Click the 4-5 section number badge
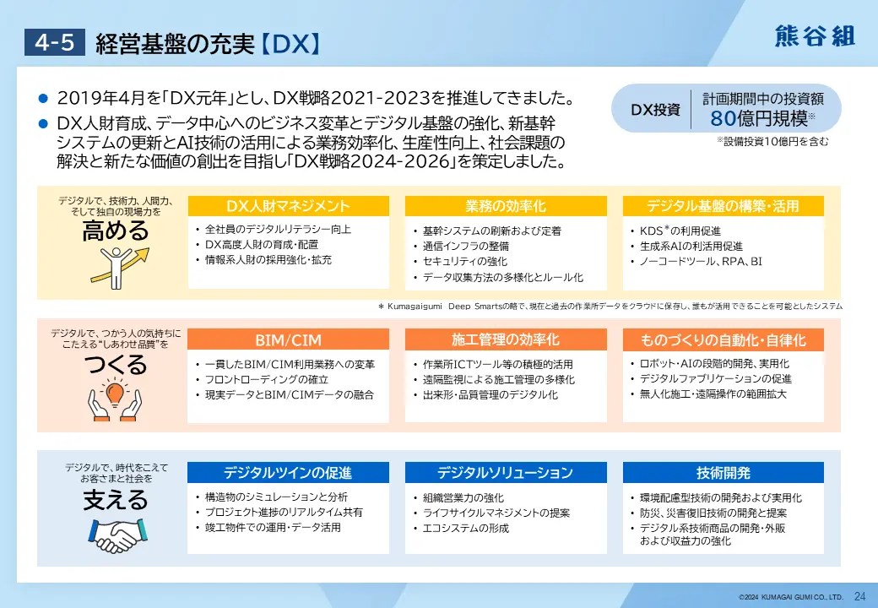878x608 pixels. [x=54, y=42]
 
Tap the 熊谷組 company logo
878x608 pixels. [x=816, y=36]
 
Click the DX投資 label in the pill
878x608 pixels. [x=655, y=110]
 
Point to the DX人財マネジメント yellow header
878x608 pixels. [x=289, y=206]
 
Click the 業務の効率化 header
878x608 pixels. [x=506, y=206]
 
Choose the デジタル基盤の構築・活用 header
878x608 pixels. [x=723, y=206]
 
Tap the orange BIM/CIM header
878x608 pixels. [x=289, y=339]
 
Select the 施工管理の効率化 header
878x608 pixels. [x=506, y=339]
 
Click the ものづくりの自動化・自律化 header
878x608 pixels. [x=723, y=339]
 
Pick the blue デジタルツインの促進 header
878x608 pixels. [x=288, y=473]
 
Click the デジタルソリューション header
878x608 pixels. [x=506, y=473]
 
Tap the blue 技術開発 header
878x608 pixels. [x=723, y=473]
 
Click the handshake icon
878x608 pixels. [x=117, y=535]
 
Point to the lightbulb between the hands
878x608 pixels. [x=115, y=392]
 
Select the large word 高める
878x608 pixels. [x=116, y=231]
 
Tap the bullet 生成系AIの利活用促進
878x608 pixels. [x=691, y=246]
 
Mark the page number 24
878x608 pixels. [x=859, y=596]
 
